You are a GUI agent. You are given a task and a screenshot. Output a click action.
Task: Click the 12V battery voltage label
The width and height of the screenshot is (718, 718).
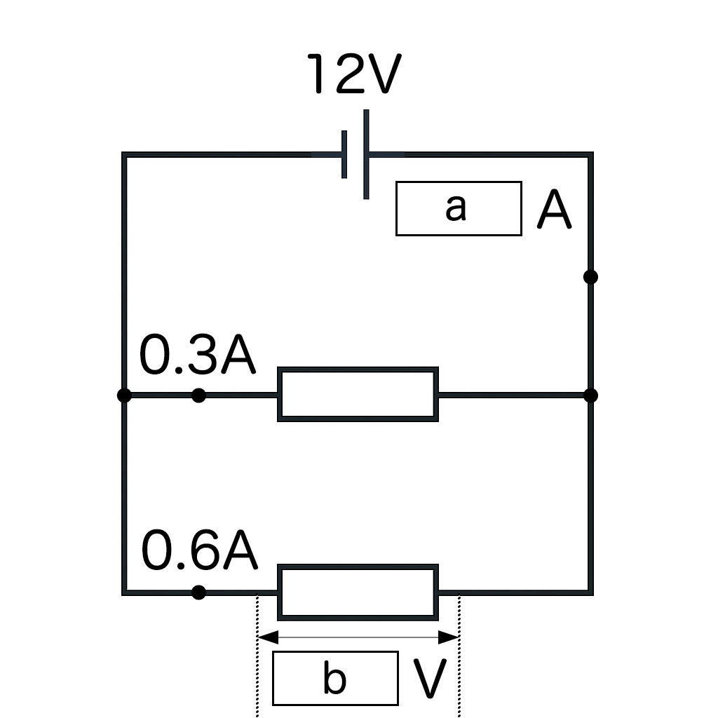[x=354, y=74]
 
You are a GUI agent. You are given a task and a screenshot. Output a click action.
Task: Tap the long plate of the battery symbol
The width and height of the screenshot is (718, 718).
[x=366, y=154]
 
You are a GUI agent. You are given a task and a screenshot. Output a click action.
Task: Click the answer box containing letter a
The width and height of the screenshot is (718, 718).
[x=459, y=208]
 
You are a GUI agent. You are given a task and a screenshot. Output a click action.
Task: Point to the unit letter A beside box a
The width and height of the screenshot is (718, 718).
[x=554, y=211]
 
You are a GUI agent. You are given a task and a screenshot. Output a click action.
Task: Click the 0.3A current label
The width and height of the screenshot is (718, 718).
[x=198, y=357]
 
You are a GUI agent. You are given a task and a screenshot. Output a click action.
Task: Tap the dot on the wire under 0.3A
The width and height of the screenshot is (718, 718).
[x=199, y=395]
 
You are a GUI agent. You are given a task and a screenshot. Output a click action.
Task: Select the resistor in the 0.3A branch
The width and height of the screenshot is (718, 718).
[x=358, y=394]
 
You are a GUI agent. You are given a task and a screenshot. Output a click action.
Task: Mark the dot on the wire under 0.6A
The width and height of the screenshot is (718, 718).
[x=199, y=592]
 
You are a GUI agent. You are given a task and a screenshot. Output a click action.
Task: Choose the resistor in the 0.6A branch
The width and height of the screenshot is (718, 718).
[x=358, y=592]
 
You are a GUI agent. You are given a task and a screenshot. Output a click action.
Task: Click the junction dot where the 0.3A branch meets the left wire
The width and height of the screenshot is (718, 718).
[x=124, y=395]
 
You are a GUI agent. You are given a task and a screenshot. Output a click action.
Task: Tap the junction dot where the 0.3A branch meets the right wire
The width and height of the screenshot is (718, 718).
[x=590, y=395]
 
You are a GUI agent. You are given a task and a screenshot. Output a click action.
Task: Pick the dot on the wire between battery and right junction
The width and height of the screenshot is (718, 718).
[x=590, y=277]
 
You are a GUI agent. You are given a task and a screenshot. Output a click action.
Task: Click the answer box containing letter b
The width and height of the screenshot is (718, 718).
[x=335, y=678]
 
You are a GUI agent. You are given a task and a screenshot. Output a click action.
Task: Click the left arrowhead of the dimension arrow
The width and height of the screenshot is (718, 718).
[x=267, y=637]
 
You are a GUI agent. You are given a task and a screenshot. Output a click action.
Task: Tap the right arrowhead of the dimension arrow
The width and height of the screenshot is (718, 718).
[x=449, y=637]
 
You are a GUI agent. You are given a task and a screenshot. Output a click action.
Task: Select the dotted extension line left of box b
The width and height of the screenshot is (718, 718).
[x=258, y=673]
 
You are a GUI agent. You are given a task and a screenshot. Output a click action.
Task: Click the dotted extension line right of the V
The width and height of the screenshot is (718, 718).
[x=459, y=673]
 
